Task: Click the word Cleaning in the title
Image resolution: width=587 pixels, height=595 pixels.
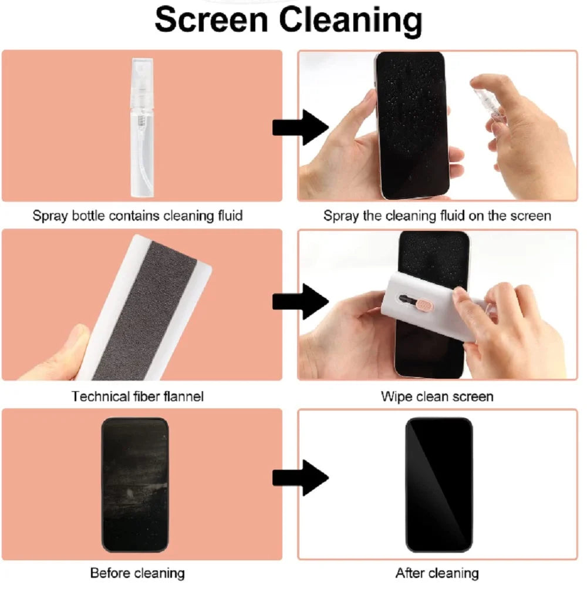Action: point(350,21)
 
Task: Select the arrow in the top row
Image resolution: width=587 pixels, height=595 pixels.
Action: point(300,126)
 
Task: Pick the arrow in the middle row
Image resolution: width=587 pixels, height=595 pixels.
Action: point(300,301)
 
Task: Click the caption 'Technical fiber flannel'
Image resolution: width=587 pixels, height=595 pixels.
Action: point(137,396)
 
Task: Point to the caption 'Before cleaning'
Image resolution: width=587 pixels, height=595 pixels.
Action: point(137,573)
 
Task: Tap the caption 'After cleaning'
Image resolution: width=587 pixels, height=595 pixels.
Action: point(437,573)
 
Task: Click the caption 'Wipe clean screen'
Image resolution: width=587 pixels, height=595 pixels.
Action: point(437,396)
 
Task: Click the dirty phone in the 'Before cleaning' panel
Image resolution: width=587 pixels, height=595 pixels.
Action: point(135,485)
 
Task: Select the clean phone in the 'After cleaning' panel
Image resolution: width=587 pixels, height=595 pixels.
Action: point(439,485)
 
